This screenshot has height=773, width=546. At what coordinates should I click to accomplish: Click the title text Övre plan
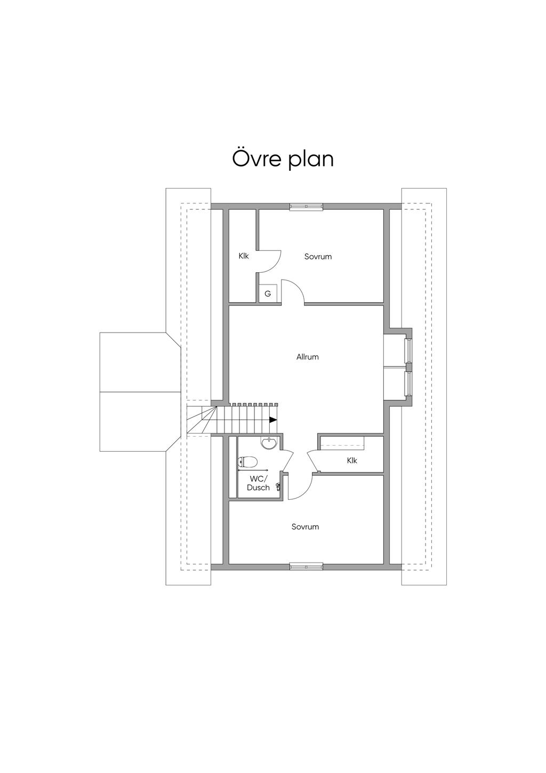pyautogui.click(x=283, y=159)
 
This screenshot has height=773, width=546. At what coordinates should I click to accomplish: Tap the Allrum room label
pyautogui.click(x=308, y=357)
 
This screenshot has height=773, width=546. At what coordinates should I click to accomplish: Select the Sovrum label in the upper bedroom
pyautogui.click(x=318, y=256)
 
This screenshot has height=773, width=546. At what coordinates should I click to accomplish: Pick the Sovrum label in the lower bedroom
pyautogui.click(x=305, y=526)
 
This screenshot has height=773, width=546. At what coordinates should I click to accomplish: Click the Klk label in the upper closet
pyautogui.click(x=244, y=256)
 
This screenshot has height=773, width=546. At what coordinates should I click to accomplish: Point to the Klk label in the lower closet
pyautogui.click(x=352, y=460)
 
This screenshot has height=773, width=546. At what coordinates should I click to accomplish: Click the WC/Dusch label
pyautogui.click(x=258, y=483)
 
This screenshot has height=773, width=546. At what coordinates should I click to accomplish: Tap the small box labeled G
pyautogui.click(x=268, y=294)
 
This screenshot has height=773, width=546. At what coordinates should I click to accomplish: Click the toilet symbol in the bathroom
pyautogui.click(x=248, y=460)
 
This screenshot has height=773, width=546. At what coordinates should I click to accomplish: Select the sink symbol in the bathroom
pyautogui.click(x=269, y=443)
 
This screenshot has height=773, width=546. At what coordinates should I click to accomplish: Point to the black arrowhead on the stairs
pyautogui.click(x=273, y=420)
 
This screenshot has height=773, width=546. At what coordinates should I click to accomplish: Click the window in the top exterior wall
pyautogui.click(x=306, y=207)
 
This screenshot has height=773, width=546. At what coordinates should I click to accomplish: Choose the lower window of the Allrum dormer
pyautogui.click(x=408, y=383)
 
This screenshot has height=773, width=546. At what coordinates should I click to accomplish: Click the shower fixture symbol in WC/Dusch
pyautogui.click(x=278, y=487)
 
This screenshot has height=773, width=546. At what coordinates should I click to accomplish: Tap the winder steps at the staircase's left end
pyautogui.click(x=202, y=420)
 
